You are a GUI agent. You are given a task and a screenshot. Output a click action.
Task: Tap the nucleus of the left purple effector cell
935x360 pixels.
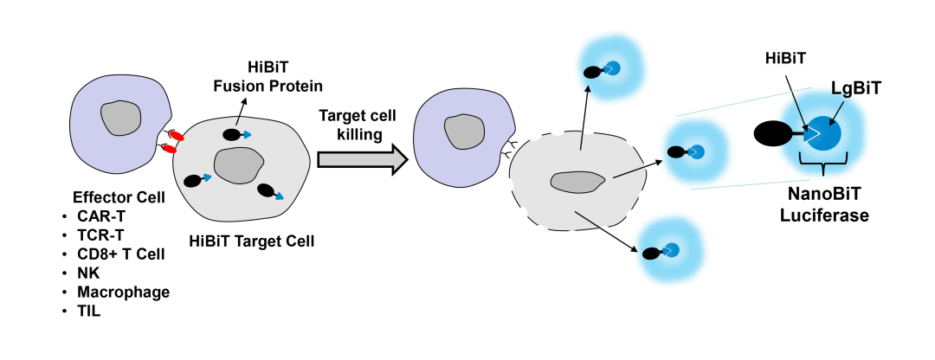pos(119,119)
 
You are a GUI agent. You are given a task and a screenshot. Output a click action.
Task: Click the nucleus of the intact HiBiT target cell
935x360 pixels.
pos(235,164)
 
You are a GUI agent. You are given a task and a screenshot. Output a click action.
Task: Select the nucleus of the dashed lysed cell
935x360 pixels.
pos(577,181)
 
